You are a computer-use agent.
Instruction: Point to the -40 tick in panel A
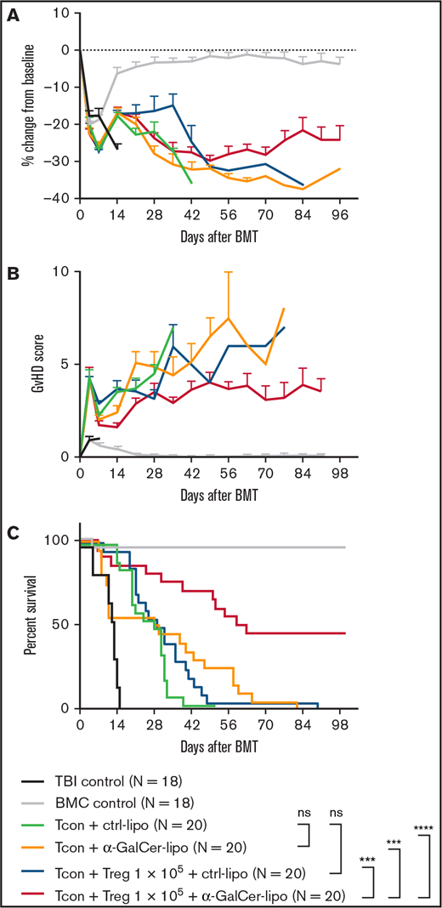click(59, 198)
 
